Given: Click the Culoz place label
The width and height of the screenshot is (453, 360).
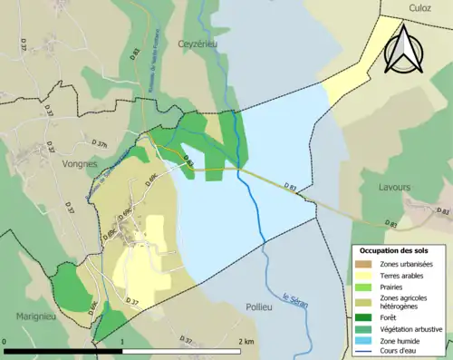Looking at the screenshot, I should pyautogui.click(x=419, y=7).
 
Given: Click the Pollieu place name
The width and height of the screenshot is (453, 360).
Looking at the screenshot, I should pyautogui.click(x=259, y=307).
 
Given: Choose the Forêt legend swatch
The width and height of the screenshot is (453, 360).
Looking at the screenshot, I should pyautogui.click(x=365, y=316).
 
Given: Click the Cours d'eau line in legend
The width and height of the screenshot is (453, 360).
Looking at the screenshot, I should pyautogui.click(x=365, y=352).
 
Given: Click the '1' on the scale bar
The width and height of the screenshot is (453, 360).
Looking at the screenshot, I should pyautogui.click(x=122, y=342).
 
